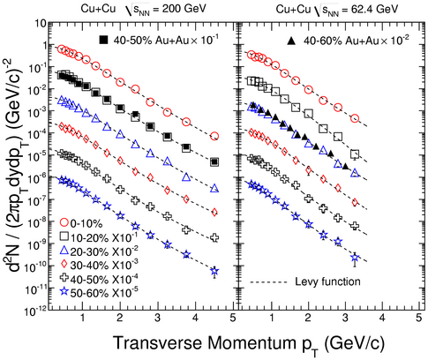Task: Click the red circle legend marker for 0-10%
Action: tap(64, 222)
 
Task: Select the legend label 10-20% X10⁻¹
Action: tap(103, 236)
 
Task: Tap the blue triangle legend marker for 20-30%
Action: tap(64, 251)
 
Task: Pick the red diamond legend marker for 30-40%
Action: tap(64, 265)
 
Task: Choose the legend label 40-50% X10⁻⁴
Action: tap(104, 279)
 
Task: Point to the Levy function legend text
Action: tap(327, 281)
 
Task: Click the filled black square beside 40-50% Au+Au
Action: tap(103, 40)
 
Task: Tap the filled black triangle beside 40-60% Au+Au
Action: tap(291, 41)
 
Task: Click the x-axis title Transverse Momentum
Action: tap(201, 342)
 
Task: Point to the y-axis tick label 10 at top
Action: tap(41, 23)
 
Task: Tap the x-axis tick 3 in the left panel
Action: tap(158, 318)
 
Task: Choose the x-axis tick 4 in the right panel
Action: tap(382, 318)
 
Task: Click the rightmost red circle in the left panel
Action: tap(214, 136)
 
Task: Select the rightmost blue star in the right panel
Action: tap(355, 259)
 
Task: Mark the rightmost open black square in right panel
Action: tap(355, 154)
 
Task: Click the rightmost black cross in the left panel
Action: tap(214, 237)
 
